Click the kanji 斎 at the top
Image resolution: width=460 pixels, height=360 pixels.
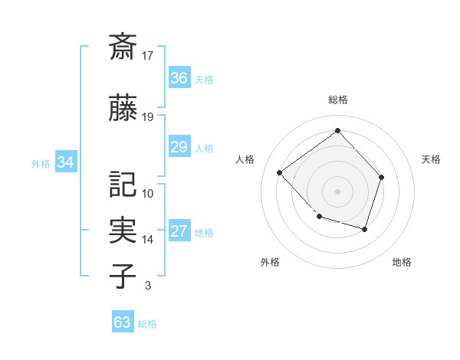click(x=123, y=45)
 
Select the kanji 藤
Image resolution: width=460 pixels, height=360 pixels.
click(x=123, y=110)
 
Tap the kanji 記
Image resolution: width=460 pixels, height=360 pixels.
click(x=123, y=185)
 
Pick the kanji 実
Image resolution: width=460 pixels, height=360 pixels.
click(x=123, y=230)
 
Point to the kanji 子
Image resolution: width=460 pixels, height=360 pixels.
click(x=123, y=276)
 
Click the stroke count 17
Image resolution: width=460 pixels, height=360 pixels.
click(x=148, y=55)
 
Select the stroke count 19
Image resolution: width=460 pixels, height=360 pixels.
click(x=148, y=117)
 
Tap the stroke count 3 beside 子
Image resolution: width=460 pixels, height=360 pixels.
click(x=147, y=286)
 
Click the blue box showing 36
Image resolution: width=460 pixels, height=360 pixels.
click(x=179, y=77)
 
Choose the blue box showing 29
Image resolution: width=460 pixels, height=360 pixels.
click(x=179, y=147)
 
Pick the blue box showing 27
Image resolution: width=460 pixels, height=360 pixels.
click(x=179, y=232)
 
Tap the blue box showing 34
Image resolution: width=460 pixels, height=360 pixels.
click(x=66, y=162)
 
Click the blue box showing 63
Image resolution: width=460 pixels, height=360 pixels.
click(x=123, y=322)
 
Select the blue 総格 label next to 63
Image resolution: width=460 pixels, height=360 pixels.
click(x=147, y=324)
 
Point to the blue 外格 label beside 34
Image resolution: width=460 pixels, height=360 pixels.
click(x=41, y=164)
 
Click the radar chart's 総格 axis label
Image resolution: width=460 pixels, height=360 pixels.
click(x=338, y=100)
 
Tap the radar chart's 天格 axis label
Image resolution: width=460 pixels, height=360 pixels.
click(x=432, y=159)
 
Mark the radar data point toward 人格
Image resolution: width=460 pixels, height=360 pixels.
click(x=280, y=173)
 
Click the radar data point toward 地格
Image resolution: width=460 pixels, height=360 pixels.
click(x=365, y=229)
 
